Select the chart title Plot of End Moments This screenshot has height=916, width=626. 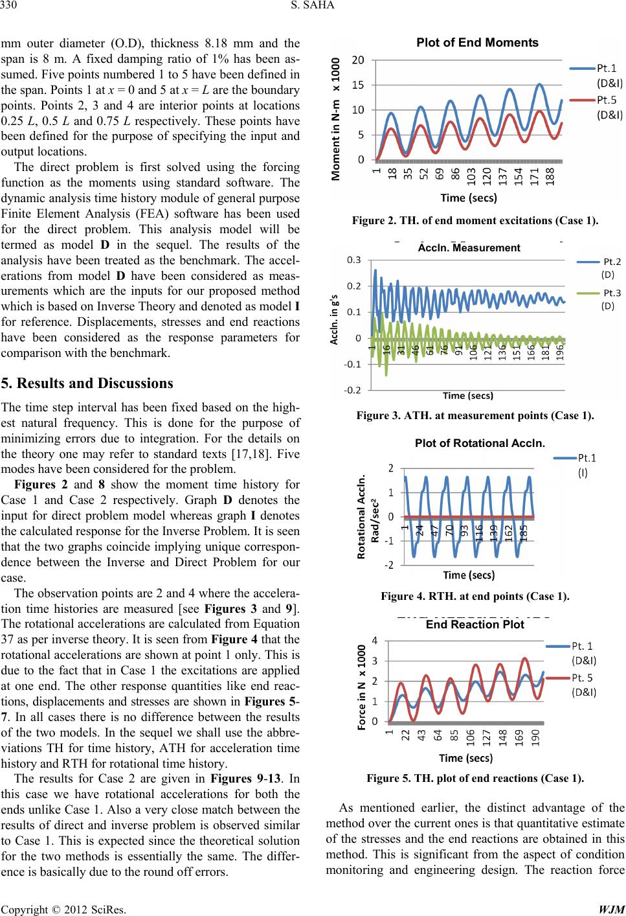(x=478, y=43)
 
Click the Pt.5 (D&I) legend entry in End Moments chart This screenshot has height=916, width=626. (x=608, y=109)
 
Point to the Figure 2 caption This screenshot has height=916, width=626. (x=476, y=221)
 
